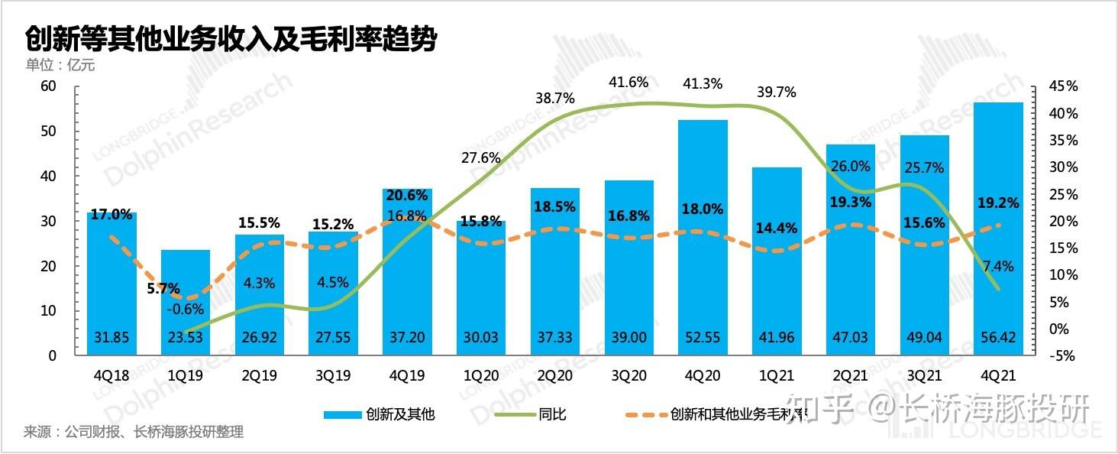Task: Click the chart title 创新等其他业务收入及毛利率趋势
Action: (231, 38)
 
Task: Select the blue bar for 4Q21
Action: (998, 229)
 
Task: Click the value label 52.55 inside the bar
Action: (703, 338)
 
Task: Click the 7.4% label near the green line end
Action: (998, 266)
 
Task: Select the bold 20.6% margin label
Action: (407, 196)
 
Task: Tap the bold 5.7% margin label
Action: (163, 289)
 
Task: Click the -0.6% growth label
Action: (184, 310)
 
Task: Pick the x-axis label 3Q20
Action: (628, 376)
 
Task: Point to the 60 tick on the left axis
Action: (48, 86)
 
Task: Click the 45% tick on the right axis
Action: (1063, 86)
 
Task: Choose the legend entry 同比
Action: (552, 415)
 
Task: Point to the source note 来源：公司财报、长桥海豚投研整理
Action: (134, 433)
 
